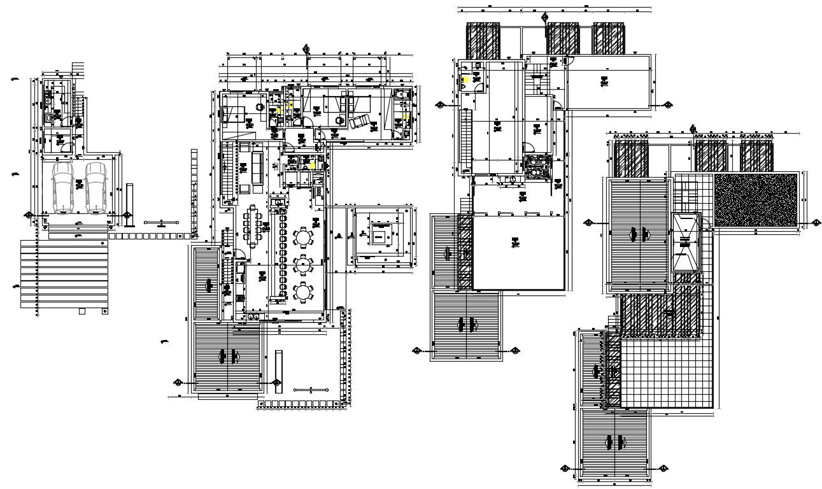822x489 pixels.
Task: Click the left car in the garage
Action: click(x=63, y=187)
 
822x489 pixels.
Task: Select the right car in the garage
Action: click(x=96, y=187)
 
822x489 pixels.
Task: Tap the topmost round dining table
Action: click(x=304, y=238)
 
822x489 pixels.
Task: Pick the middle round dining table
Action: click(x=304, y=264)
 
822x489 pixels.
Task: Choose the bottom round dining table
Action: click(x=304, y=292)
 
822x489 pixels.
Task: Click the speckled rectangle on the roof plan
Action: click(x=755, y=200)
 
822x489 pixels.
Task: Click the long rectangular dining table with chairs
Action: click(x=253, y=226)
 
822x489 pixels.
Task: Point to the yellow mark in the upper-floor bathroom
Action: click(x=465, y=80)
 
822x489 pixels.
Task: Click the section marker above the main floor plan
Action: click(x=306, y=49)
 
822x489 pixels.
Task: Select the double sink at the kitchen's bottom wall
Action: click(x=253, y=316)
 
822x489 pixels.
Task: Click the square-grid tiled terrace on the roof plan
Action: click(x=665, y=372)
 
